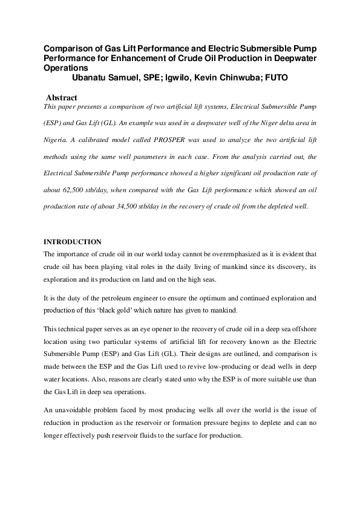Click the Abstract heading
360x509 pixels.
pyautogui.click(x=62, y=97)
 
